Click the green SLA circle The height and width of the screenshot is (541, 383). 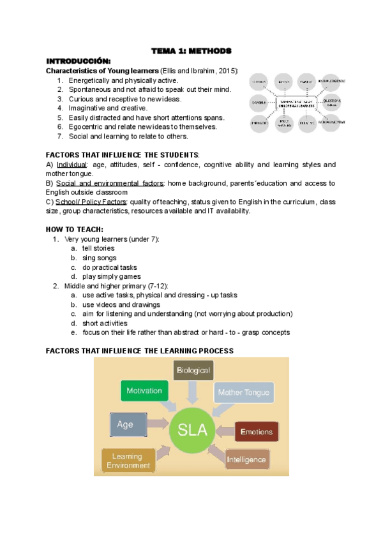click(x=192, y=429)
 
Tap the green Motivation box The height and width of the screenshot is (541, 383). click(x=144, y=390)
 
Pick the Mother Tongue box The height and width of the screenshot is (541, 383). click(x=243, y=392)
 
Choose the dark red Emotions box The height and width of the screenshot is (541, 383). click(x=257, y=432)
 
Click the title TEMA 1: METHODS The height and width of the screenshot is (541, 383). click(x=191, y=50)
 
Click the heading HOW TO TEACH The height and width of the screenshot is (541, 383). click(x=75, y=229)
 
